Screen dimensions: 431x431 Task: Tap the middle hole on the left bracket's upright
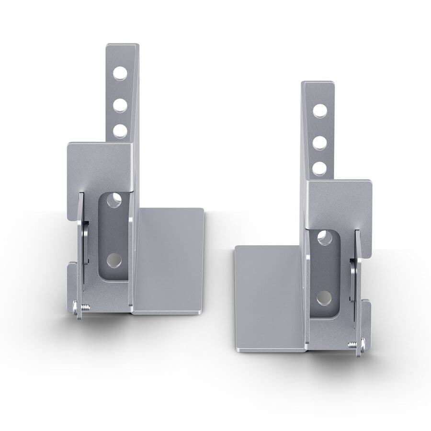120,104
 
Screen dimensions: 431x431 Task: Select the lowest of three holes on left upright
120,131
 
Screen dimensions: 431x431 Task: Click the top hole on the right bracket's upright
320,110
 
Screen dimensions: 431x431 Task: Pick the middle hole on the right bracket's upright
320,142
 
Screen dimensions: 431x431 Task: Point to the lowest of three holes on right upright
320,168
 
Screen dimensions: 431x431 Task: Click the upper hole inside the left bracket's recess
113,200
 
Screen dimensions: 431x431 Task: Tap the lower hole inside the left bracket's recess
113,260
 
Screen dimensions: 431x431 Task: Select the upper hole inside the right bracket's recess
325,237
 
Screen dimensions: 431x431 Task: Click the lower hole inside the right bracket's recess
324,298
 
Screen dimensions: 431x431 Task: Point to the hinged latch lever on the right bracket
357,278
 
